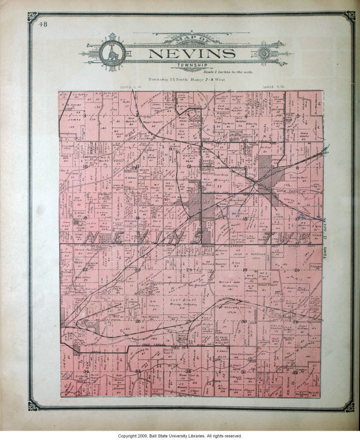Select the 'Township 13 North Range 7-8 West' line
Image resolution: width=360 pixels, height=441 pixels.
pyautogui.click(x=187, y=79)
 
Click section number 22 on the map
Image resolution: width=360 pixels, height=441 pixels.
pyautogui.click(x=85, y=270)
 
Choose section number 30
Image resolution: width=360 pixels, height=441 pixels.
pyautogui.click(x=244, y=321)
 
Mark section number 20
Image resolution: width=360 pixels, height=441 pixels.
pyautogui.click(x=297, y=270)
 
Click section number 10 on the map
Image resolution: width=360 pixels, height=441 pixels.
pyautogui.click(x=85, y=166)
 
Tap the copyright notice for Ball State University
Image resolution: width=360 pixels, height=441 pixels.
pyautogui.click(x=180, y=436)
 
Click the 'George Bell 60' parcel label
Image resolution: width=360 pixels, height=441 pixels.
pyautogui.click(x=297, y=179)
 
